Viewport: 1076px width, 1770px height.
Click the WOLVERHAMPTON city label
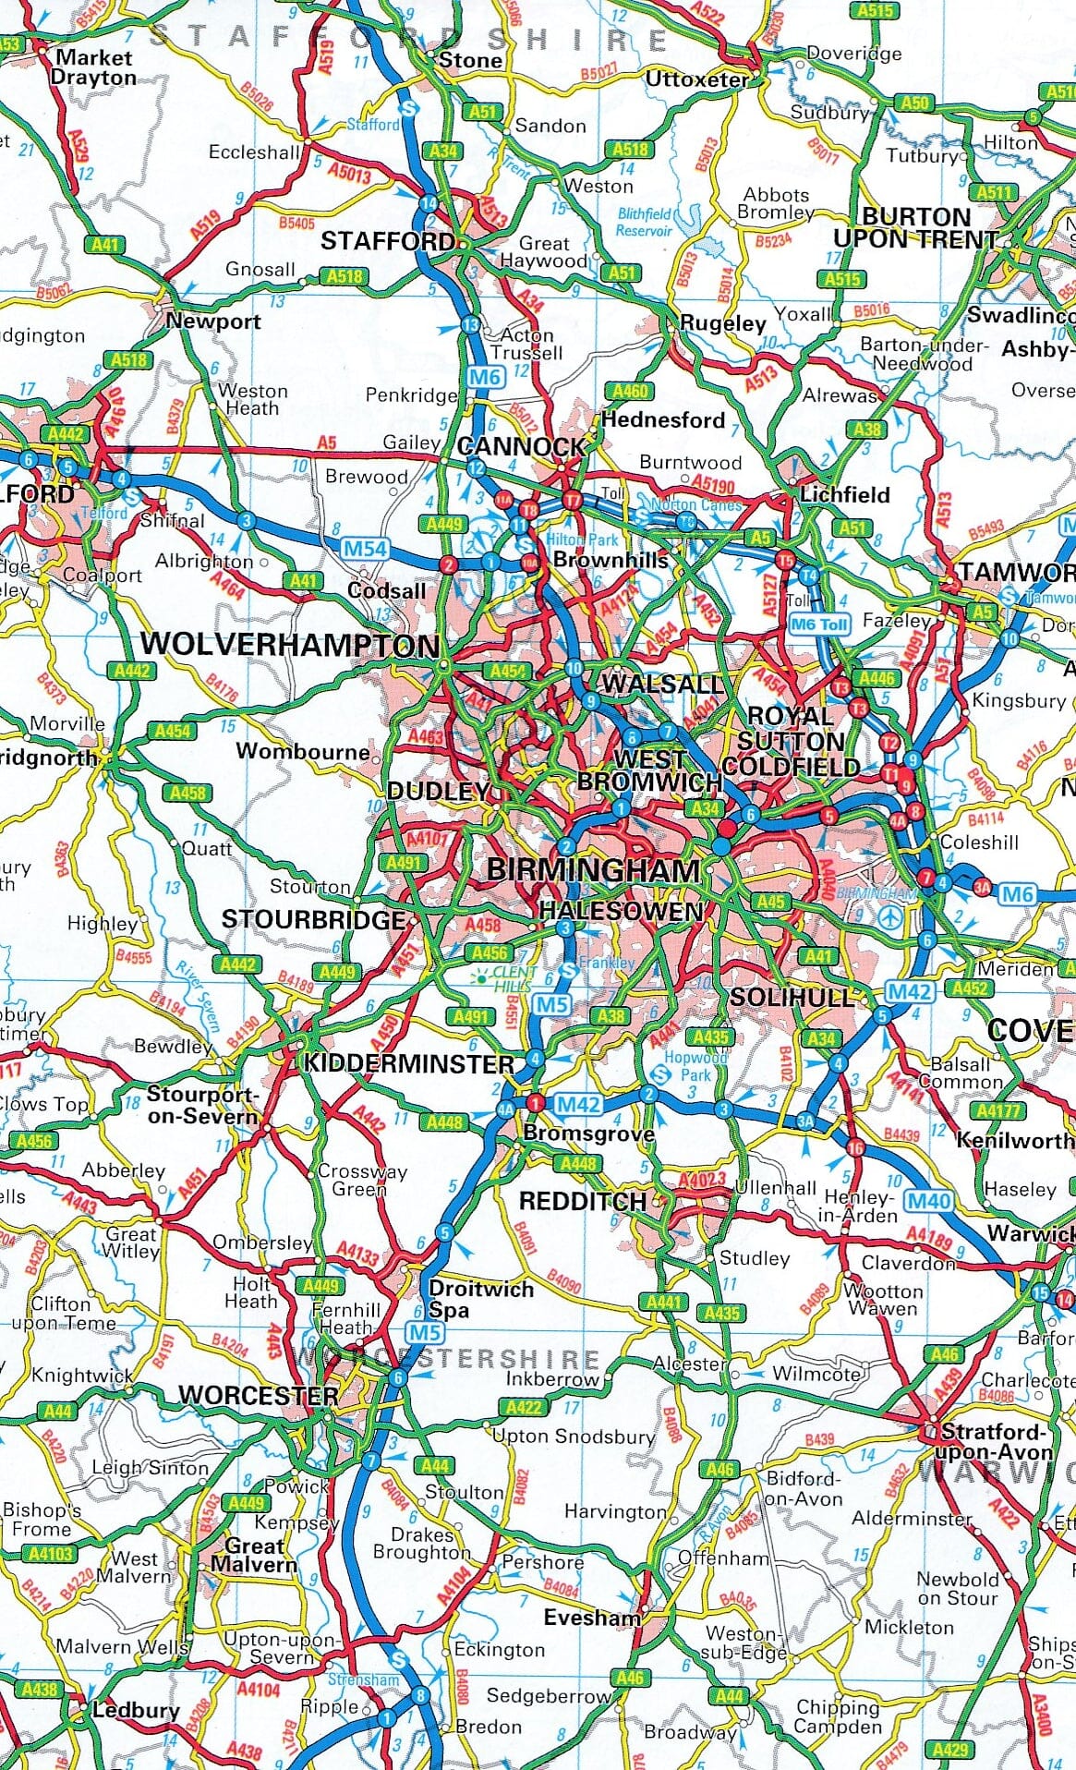289,645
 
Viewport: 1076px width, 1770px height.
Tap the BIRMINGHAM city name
593,870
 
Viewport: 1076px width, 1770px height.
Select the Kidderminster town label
409,1063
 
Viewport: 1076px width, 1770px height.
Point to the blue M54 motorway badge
365,549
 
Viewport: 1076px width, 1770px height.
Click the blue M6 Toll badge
819,624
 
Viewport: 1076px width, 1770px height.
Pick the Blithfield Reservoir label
644,222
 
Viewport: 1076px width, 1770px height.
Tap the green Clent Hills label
514,979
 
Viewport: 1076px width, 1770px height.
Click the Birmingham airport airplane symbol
889,917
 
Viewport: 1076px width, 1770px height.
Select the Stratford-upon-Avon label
996,1442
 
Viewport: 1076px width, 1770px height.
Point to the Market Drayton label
93,67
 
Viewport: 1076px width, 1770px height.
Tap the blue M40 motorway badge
927,1201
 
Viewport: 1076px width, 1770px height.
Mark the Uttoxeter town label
696,79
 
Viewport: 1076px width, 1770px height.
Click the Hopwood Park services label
695,1067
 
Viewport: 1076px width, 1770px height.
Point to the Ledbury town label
135,1710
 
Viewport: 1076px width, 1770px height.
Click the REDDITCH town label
583,1202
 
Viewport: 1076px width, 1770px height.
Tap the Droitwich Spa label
480,1299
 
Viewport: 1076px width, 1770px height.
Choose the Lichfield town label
844,494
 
